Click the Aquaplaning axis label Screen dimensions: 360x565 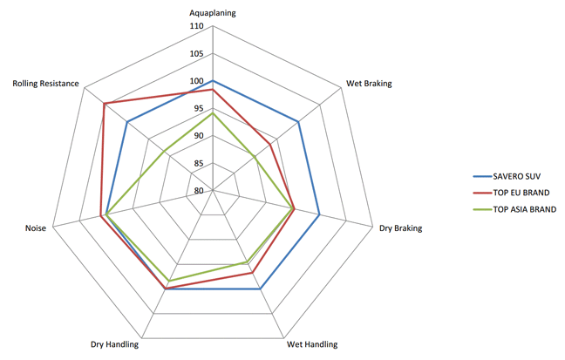213,13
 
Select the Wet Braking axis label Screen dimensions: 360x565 369,84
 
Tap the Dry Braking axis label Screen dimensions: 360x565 400,228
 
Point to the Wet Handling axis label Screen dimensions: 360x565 312,344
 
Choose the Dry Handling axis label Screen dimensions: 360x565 114,344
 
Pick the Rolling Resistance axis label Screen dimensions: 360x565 46,84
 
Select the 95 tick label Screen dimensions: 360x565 198,109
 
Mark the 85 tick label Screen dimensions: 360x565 198,164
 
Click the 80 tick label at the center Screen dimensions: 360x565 198,191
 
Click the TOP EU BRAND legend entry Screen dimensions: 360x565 521,193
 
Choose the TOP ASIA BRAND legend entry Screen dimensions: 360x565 524,209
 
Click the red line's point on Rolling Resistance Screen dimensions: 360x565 104,105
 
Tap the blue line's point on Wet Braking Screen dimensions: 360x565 299,122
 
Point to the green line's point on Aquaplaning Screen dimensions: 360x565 213,113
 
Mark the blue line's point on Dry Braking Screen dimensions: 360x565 320,214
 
